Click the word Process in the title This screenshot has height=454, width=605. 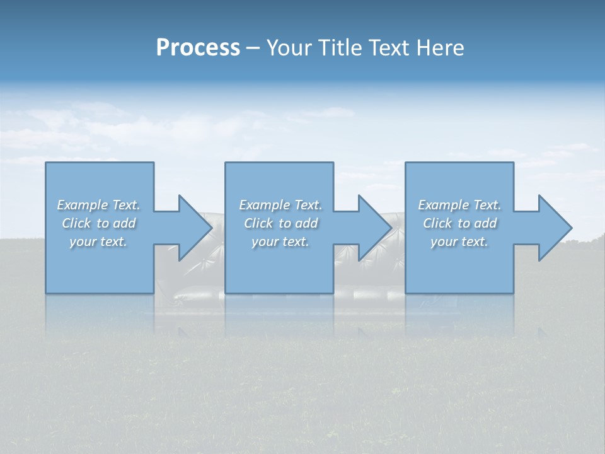[x=198, y=48]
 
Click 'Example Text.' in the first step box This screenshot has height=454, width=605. [x=98, y=205]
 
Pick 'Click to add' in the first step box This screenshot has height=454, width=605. [x=98, y=223]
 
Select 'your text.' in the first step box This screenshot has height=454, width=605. [x=98, y=242]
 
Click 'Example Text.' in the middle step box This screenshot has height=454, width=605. [x=280, y=205]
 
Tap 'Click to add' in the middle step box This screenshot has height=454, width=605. [x=280, y=223]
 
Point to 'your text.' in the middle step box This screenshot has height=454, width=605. [x=280, y=242]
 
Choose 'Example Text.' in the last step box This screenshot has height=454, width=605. [x=459, y=205]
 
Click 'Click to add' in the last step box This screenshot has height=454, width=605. [x=459, y=223]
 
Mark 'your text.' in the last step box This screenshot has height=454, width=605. [x=459, y=242]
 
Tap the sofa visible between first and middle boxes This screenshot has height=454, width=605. [x=189, y=277]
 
